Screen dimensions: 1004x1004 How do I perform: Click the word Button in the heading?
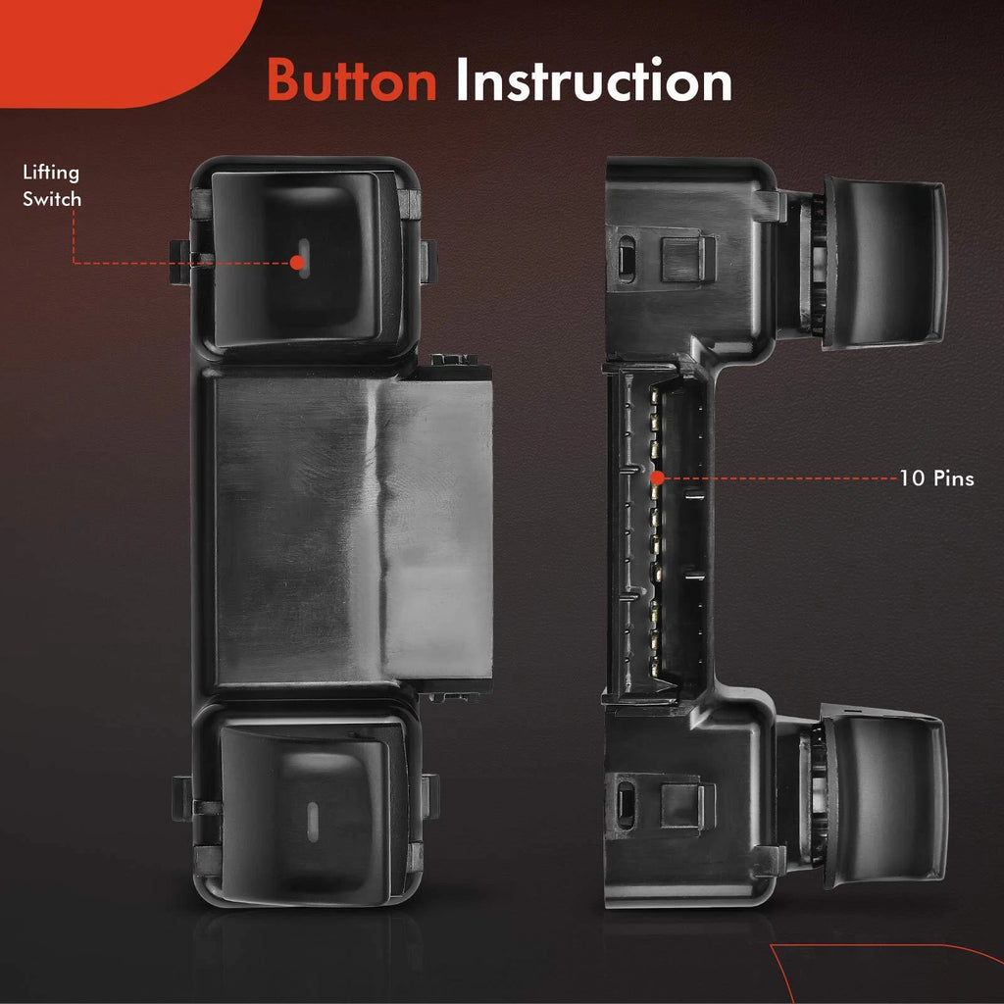352,80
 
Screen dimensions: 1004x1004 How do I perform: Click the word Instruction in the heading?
593,80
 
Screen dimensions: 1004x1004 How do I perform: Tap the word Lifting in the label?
51,173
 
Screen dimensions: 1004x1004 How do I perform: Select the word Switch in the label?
52,199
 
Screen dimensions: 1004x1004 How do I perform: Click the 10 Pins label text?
936,478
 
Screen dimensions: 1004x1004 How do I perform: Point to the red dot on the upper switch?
296,263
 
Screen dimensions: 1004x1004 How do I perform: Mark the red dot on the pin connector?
657,477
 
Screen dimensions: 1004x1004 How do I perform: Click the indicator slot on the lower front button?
313,822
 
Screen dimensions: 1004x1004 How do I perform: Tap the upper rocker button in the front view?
301,259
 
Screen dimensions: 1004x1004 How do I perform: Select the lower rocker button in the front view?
307,813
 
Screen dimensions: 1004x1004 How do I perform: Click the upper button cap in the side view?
883,263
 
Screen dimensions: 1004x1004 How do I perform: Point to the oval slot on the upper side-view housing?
627,258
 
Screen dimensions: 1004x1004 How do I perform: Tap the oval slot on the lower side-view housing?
626,805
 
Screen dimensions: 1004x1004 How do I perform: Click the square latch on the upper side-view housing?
686,259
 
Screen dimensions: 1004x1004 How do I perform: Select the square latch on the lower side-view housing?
686,807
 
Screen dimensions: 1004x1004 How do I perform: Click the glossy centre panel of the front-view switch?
352,531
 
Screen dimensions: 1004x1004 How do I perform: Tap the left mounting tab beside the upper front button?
180,263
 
